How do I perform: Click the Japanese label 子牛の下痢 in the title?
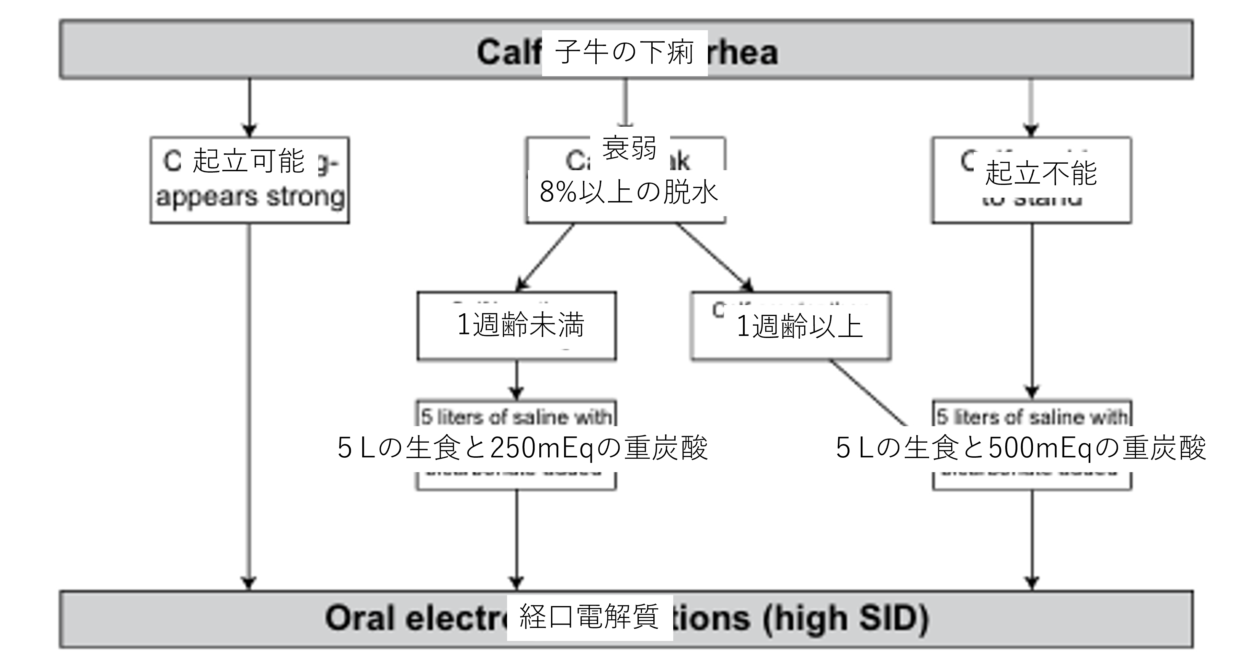coord(624,52)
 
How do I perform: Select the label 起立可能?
coord(249,160)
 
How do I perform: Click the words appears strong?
coord(250,197)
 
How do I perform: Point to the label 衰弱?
coord(629,148)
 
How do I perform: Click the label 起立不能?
coord(1041,173)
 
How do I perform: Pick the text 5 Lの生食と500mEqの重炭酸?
coord(1020,447)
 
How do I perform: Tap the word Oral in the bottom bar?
coord(359,619)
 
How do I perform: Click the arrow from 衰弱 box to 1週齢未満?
coord(546,257)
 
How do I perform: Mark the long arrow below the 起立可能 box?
coord(249,403)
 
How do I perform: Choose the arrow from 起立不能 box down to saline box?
coord(1032,311)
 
